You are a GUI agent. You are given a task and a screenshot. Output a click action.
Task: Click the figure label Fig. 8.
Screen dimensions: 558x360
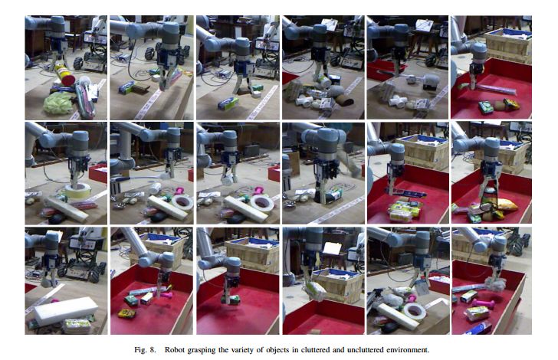[145, 350]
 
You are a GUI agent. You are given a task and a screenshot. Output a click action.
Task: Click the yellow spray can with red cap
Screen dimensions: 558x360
[64, 74]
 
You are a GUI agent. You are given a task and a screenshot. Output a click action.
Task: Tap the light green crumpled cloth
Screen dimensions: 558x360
[58, 103]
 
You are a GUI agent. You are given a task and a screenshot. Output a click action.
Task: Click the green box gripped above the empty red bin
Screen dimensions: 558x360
[235, 301]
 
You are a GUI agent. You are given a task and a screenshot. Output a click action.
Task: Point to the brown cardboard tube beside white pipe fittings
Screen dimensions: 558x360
[345, 100]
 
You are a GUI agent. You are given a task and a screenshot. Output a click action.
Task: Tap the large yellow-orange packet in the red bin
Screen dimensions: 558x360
[504, 205]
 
